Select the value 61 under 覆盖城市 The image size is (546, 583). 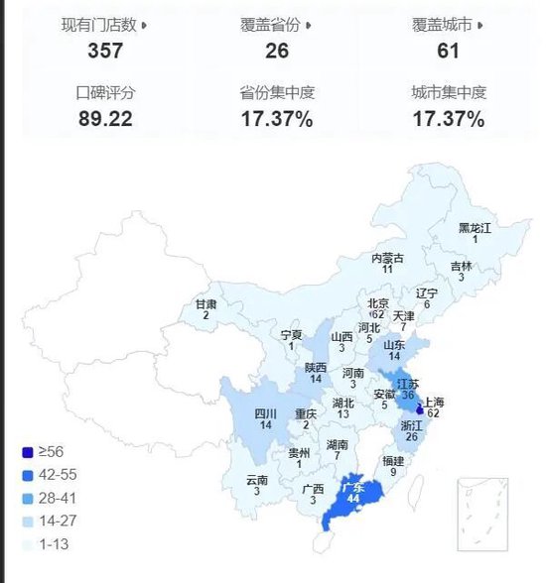(x=448, y=50)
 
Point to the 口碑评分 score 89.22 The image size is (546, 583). (x=105, y=120)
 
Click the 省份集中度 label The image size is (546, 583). (x=277, y=93)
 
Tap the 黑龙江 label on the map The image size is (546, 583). (x=475, y=227)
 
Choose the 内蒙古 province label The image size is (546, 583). (x=387, y=258)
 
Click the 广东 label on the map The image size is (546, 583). (x=353, y=488)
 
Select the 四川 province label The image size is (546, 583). (x=265, y=413)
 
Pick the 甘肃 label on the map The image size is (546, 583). (x=205, y=304)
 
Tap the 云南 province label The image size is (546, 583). (x=257, y=480)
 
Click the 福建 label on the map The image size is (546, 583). (x=393, y=461)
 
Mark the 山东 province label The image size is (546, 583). (x=394, y=343)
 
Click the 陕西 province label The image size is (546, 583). (x=316, y=367)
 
